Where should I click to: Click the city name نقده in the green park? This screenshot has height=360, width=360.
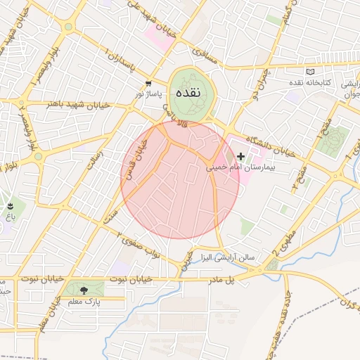(x=190, y=93)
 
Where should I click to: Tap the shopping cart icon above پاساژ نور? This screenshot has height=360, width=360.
(x=148, y=83)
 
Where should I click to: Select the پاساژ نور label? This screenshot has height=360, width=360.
(x=148, y=94)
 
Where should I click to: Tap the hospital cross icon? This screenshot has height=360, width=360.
(x=242, y=157)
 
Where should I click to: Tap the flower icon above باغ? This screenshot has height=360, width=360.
(x=10, y=206)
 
